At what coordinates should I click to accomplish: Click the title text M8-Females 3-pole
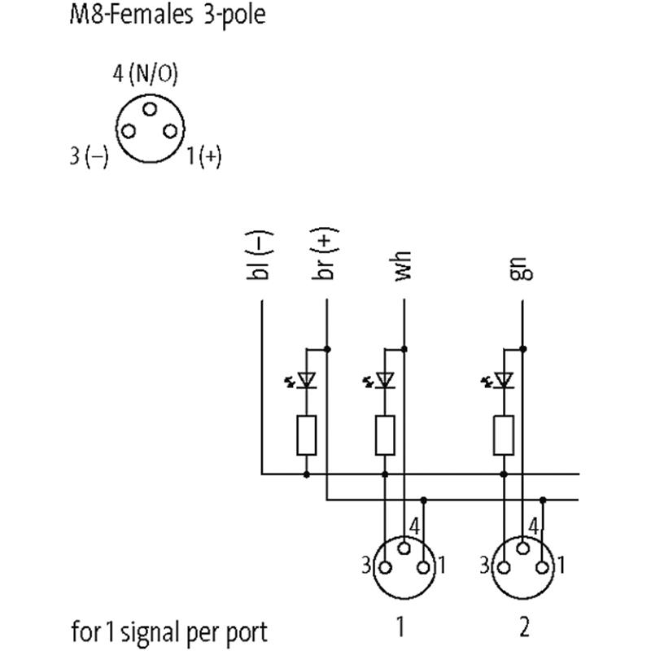click(167, 15)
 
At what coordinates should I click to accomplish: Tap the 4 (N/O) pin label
click(145, 74)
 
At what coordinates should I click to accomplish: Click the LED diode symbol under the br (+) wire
click(307, 379)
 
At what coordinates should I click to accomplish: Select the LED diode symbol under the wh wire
click(385, 379)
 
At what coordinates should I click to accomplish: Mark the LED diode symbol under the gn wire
click(504, 379)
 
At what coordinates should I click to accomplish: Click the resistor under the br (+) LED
click(307, 435)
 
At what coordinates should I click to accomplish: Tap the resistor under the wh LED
click(385, 435)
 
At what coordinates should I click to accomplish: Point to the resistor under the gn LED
click(504, 435)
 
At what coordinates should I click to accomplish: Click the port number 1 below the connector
click(400, 627)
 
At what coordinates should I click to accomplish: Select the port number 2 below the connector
click(524, 627)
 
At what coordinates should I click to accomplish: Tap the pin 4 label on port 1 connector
click(415, 526)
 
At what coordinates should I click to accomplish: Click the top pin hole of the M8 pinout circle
click(148, 109)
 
